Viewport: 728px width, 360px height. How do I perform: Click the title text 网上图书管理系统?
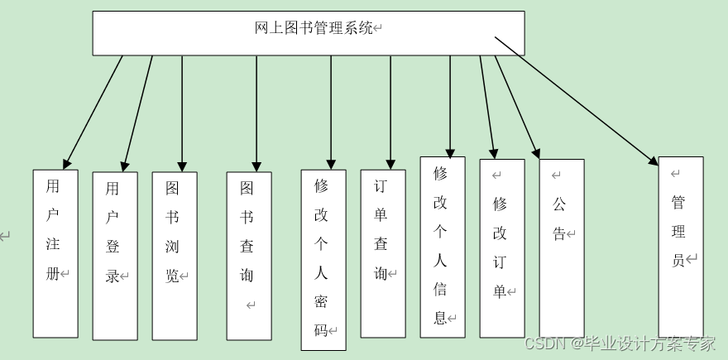[x=314, y=28]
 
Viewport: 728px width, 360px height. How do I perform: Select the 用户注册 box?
[x=55, y=253]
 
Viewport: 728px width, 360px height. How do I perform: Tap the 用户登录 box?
[x=115, y=256]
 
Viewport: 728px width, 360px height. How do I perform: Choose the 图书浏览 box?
[x=175, y=256]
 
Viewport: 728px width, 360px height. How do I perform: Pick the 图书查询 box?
[x=249, y=256]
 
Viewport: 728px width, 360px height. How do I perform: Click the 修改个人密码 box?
[x=323, y=260]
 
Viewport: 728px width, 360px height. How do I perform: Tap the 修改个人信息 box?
[x=443, y=247]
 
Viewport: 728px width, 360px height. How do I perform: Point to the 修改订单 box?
[x=502, y=248]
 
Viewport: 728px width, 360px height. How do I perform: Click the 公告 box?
[x=562, y=248]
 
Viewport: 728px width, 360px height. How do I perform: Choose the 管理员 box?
[x=681, y=247]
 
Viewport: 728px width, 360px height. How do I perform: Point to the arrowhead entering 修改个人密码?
[x=331, y=164]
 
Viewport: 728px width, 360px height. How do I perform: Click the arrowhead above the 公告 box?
[x=536, y=153]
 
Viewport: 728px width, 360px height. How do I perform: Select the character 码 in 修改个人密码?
[x=321, y=330]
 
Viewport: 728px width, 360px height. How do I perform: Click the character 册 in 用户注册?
[x=53, y=273]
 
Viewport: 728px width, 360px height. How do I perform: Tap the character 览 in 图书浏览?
[x=172, y=276]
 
